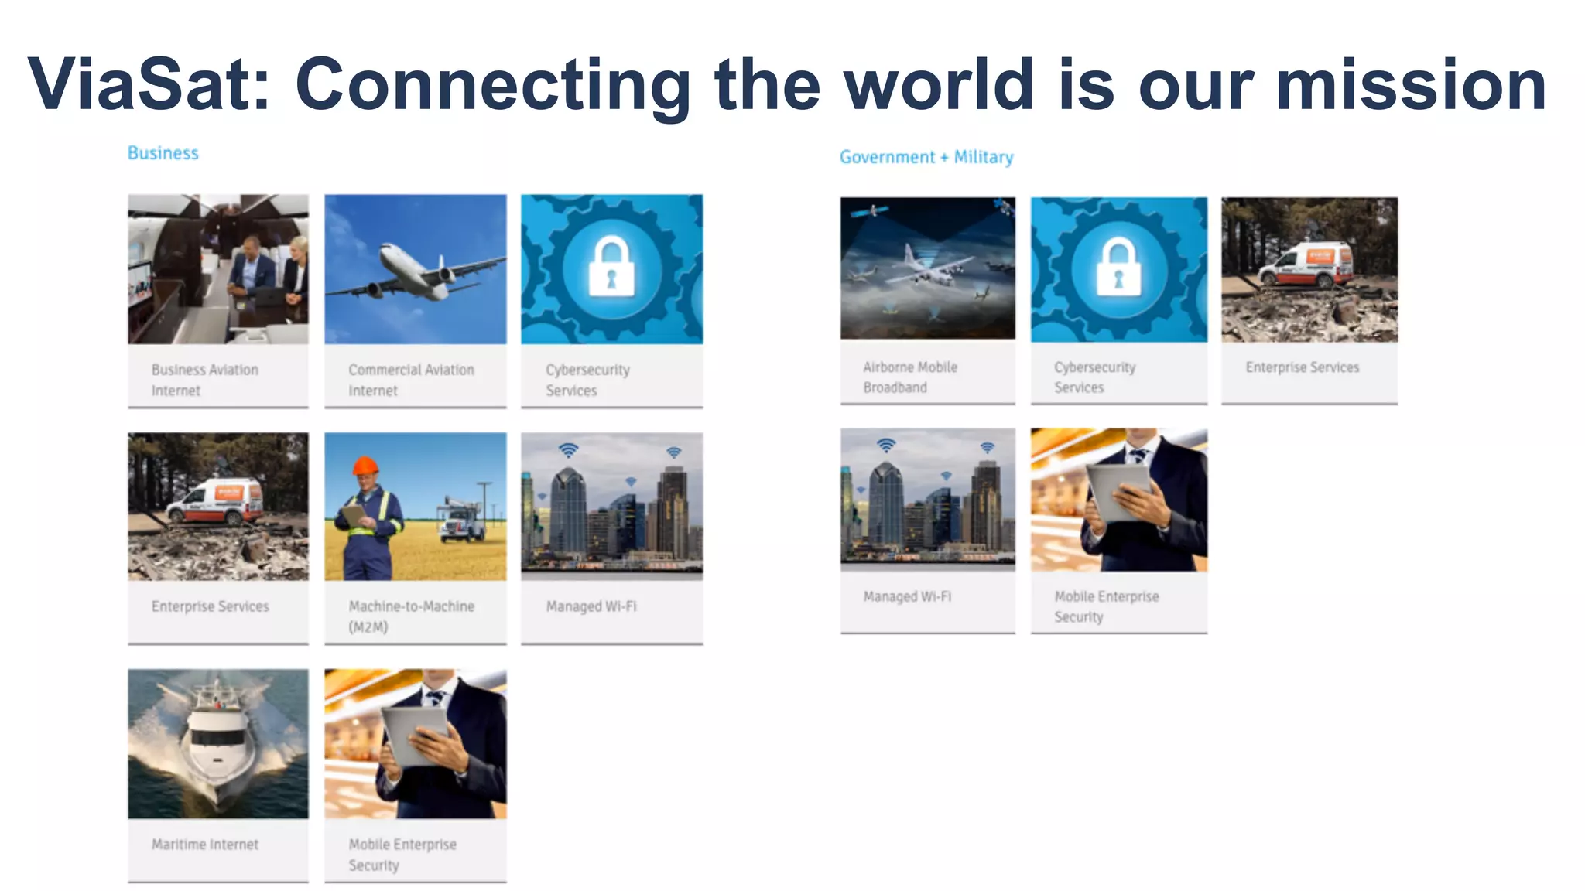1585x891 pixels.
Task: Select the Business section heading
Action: [x=163, y=153]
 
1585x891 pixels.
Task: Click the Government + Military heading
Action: [x=926, y=157]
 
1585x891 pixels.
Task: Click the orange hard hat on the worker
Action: [x=365, y=466]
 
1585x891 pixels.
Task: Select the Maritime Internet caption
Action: [x=205, y=845]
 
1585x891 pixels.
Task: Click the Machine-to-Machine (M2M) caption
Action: [x=411, y=616]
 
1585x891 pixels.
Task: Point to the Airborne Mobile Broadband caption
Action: [x=910, y=377]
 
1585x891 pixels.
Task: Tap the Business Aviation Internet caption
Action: [x=204, y=380]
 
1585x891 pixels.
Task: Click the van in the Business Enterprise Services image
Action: [x=216, y=502]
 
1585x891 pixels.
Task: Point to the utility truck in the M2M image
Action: [x=463, y=521]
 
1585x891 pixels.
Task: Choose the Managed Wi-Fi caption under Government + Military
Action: [x=907, y=596]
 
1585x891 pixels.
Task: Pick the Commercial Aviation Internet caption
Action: [x=411, y=380]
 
